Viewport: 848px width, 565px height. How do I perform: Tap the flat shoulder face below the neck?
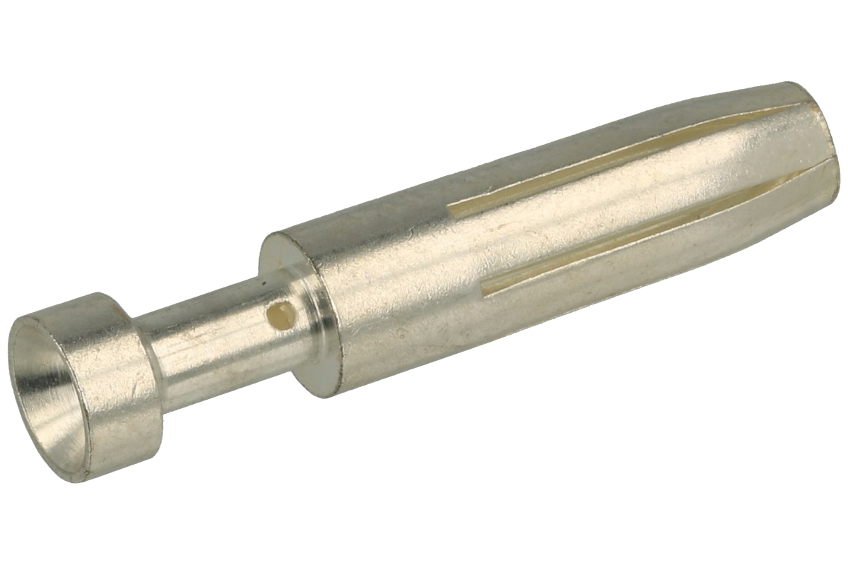tap(318, 374)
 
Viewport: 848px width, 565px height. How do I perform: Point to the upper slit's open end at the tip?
tap(802, 106)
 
